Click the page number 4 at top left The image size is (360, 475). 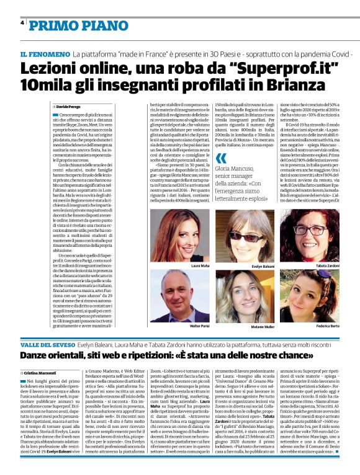[22, 22]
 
